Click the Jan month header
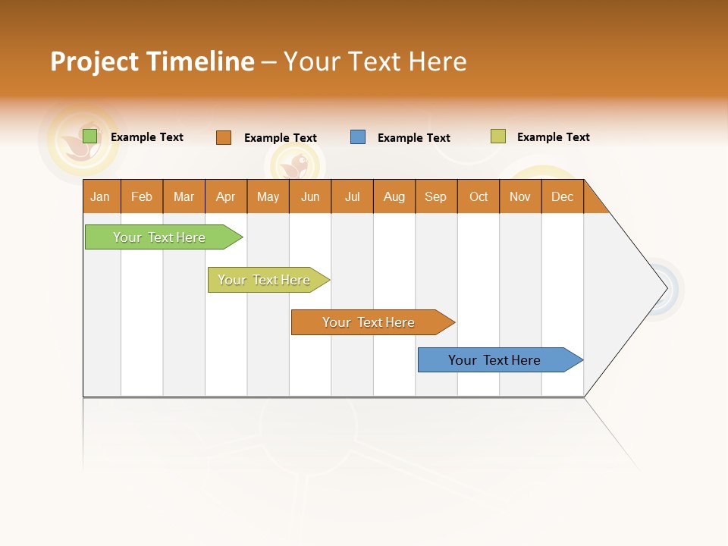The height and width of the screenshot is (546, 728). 101,196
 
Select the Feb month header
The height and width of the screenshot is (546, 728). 142,196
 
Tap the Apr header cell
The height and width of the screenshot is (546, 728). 226,196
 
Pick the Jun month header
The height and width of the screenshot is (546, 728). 310,196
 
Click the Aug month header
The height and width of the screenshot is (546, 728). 394,196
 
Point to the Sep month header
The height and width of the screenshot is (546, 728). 436,196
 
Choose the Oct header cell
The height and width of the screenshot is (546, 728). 479,196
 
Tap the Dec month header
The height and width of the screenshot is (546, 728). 563,196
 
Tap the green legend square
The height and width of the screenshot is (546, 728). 90,136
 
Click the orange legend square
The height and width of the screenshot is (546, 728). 224,137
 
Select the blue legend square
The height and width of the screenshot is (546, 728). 358,137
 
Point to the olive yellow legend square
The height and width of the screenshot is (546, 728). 498,136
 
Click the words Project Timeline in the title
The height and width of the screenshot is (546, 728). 152,61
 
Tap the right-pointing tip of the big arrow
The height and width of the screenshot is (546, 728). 664,288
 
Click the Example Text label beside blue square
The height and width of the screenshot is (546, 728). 414,138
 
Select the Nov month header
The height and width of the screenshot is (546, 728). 520,196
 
